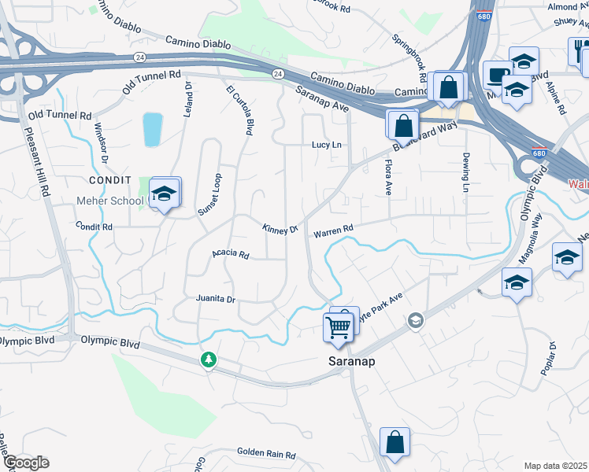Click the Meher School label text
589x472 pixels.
click(109, 201)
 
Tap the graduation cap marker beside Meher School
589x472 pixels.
click(163, 194)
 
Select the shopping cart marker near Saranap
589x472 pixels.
click(339, 326)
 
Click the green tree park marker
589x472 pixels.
click(209, 360)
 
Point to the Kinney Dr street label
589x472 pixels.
click(280, 228)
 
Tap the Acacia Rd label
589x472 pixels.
click(230, 255)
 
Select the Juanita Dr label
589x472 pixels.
click(215, 300)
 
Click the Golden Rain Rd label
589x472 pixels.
click(265, 455)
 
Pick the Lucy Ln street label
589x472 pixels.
click(327, 145)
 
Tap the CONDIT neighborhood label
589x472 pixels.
click(98, 180)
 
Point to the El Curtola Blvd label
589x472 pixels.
click(239, 112)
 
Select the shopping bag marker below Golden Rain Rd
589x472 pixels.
click(395, 443)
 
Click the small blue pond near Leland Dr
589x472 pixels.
click(152, 130)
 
